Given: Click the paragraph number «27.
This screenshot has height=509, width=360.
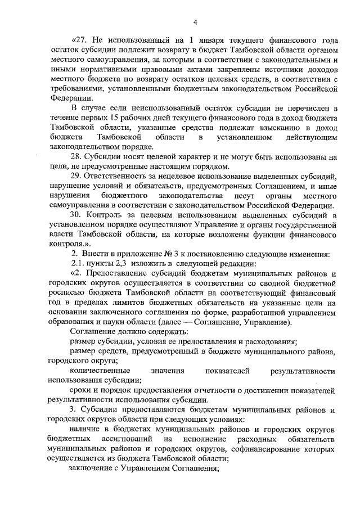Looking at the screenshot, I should (x=80, y=41).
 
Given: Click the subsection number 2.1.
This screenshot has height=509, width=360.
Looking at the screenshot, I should (x=76, y=264).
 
